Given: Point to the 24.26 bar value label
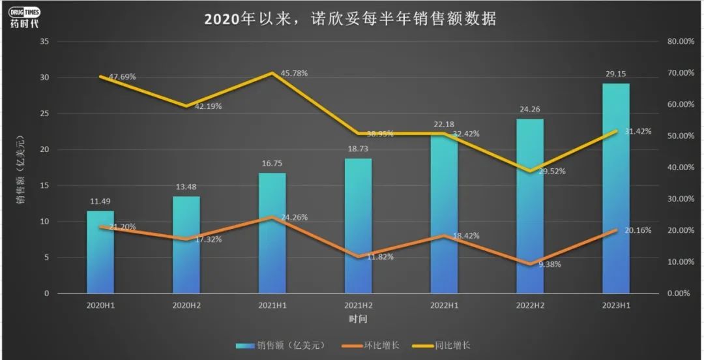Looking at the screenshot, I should (530, 110).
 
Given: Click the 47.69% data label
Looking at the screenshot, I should (122, 76).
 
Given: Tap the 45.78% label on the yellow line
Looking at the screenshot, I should (294, 73).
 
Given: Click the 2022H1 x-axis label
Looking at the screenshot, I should (444, 305).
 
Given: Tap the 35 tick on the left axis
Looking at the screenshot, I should (45, 42).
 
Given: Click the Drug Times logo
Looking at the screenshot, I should (25, 16).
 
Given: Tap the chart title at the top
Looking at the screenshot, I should (350, 19).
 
